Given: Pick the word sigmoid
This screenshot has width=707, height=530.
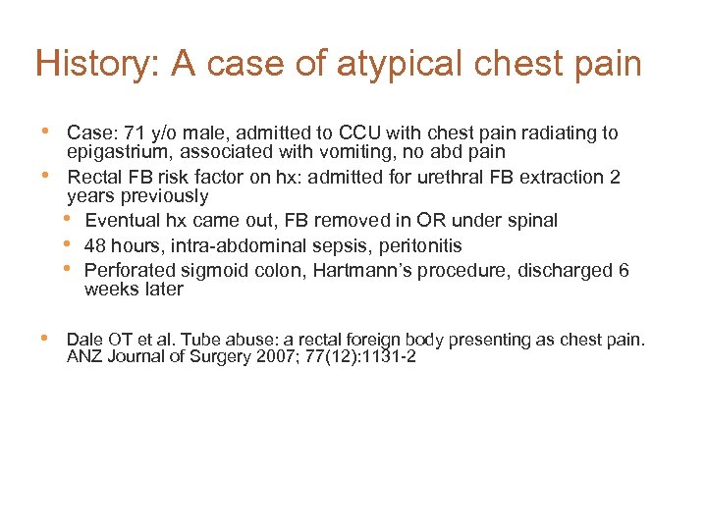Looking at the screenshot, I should [216, 270].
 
